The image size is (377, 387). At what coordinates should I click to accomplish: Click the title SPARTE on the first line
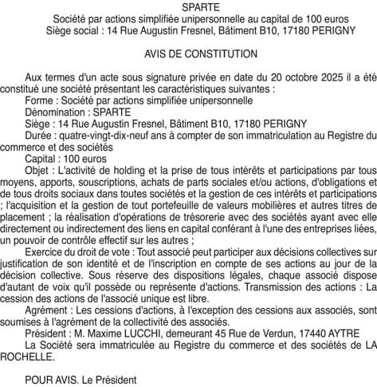pos(189,6)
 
